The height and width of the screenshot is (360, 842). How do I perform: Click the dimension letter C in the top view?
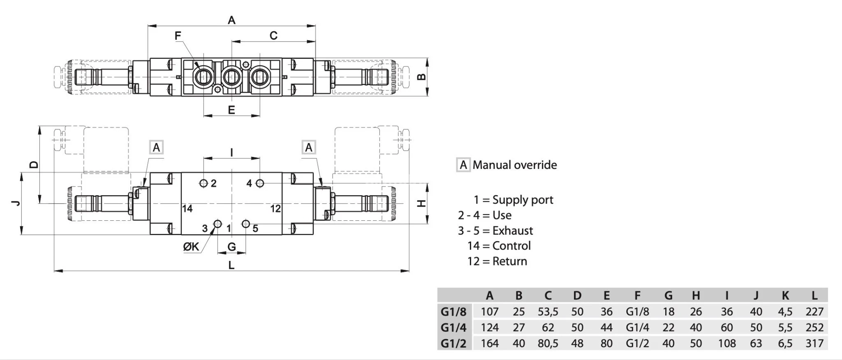coord(273,36)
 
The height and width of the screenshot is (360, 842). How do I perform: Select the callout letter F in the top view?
coord(178,36)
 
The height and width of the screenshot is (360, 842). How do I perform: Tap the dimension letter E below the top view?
coord(231,110)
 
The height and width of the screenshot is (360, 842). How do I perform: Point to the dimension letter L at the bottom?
coord(231,265)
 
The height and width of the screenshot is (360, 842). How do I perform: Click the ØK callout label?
coord(191,247)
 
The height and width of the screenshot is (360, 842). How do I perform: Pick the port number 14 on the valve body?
coord(187,209)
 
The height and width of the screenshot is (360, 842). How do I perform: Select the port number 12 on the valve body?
coord(275,209)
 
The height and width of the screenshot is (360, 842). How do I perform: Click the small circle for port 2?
coord(204,183)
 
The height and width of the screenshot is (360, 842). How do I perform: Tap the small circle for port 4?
coord(260,183)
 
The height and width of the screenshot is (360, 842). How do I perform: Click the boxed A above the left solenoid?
coord(156,147)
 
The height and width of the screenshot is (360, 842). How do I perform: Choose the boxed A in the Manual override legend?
coord(463,165)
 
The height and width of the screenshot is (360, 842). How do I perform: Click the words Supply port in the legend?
coord(523,200)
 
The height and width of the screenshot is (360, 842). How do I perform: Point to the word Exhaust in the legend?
coord(512,231)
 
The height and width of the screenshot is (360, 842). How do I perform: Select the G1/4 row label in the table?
coord(453,328)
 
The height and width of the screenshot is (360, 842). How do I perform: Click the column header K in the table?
coord(785,295)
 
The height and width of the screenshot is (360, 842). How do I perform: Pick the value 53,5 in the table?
coord(548,312)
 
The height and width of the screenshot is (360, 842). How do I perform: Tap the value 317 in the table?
coord(814,343)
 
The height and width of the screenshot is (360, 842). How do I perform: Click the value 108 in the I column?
coord(726,343)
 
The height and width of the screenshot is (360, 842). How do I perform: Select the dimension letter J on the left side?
coord(16,203)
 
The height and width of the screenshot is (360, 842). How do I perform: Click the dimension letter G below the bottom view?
coord(231,247)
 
